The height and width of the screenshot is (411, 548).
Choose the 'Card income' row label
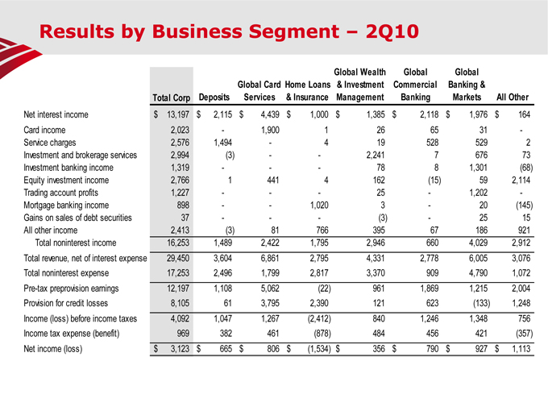pos(44,129)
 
